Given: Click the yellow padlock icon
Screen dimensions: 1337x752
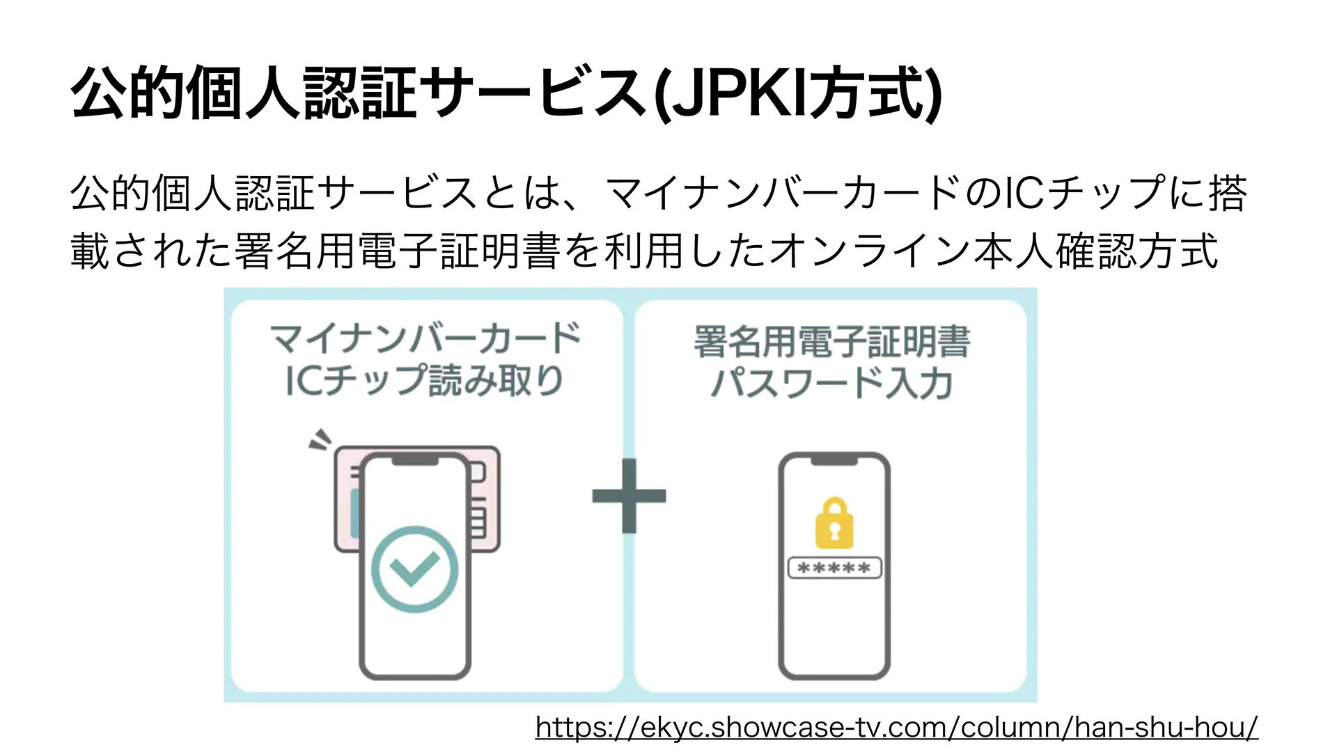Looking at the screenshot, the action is pos(834,524).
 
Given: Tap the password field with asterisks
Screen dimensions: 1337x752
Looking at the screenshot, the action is pos(834,568).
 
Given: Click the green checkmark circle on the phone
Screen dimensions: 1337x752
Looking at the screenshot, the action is pos(415,569).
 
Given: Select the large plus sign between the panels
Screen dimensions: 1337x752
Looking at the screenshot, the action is pos(629,496).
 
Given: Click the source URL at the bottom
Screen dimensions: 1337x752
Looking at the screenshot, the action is pos(896,728).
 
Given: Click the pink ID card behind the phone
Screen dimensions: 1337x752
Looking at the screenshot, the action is pos(486,487).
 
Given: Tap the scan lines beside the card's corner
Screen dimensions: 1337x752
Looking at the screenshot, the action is pos(320,439).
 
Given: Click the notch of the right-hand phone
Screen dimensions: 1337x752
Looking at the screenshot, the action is pos(834,460).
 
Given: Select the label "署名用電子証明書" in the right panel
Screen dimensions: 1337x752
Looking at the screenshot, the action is pos(831,342).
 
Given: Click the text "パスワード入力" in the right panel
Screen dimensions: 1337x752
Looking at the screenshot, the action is pos(831,384).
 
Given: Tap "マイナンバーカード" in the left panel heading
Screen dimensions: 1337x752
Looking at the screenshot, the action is pos(425,339).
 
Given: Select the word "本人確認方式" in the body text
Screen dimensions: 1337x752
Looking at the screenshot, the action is pos(1096,251).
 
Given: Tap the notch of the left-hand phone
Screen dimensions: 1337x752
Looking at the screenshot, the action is pos(415,460).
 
